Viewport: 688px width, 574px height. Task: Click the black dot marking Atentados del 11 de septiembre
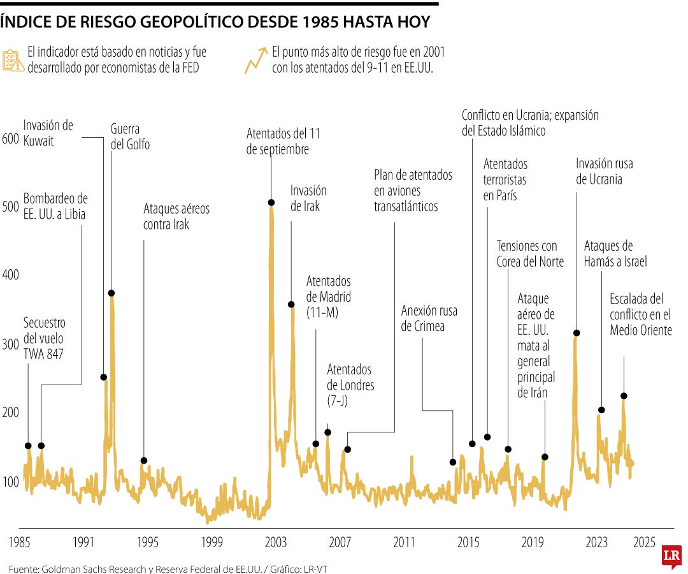271,202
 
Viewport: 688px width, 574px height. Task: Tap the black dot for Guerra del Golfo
111,293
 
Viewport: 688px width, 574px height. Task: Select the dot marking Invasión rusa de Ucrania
577,333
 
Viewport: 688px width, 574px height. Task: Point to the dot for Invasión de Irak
291,305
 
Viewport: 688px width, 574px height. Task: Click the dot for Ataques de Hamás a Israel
601,410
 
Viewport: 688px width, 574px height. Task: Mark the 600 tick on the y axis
11,139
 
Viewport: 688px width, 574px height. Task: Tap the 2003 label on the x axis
276,542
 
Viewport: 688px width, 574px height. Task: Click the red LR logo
670,557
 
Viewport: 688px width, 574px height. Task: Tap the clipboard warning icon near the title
13,59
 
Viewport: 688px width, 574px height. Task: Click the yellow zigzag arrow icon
255,59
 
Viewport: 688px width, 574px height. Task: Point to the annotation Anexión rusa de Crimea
429,318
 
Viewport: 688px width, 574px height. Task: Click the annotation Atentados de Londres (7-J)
350,385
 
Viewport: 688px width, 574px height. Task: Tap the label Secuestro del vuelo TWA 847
45,338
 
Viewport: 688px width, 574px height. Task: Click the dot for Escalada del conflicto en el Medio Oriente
624,396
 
